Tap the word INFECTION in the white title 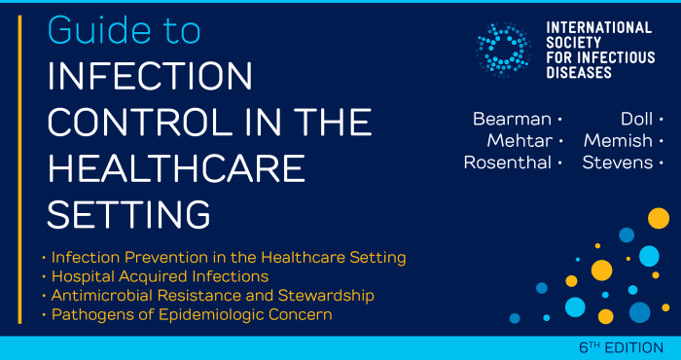(151, 77)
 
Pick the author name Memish (618, 141)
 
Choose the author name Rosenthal (507, 162)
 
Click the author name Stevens (618, 162)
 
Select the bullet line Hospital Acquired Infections (159, 276)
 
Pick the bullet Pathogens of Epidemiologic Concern (192, 314)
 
